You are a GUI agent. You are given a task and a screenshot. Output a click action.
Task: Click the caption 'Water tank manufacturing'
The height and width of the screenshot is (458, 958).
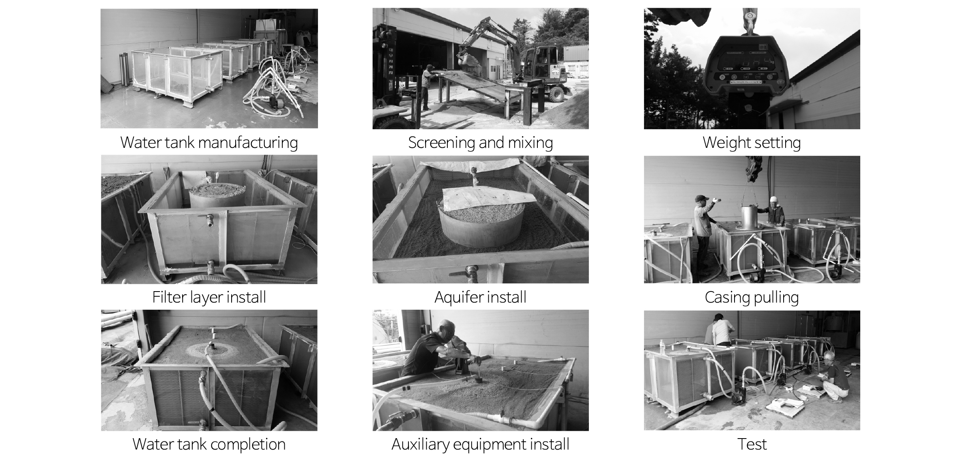209,143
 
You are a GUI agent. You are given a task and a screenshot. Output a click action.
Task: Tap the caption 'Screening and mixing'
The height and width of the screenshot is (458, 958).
480,143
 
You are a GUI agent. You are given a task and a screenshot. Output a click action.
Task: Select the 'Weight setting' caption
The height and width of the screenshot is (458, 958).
752,143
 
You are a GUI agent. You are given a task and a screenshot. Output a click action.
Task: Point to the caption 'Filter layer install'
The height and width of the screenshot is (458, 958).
209,297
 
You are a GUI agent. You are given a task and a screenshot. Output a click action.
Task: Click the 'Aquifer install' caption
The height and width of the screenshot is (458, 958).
480,297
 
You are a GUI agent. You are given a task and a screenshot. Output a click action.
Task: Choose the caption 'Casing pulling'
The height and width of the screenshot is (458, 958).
752,298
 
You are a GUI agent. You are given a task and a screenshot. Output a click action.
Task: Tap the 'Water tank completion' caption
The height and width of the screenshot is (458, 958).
209,444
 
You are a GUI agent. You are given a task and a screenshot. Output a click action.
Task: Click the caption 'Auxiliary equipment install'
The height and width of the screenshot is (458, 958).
480,444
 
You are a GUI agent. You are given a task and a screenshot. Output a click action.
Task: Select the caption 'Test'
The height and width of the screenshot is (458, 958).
752,444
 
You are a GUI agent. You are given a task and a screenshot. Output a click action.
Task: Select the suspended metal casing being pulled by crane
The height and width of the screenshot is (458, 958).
750,218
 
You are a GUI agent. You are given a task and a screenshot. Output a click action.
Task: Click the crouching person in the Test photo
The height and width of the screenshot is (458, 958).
836,377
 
